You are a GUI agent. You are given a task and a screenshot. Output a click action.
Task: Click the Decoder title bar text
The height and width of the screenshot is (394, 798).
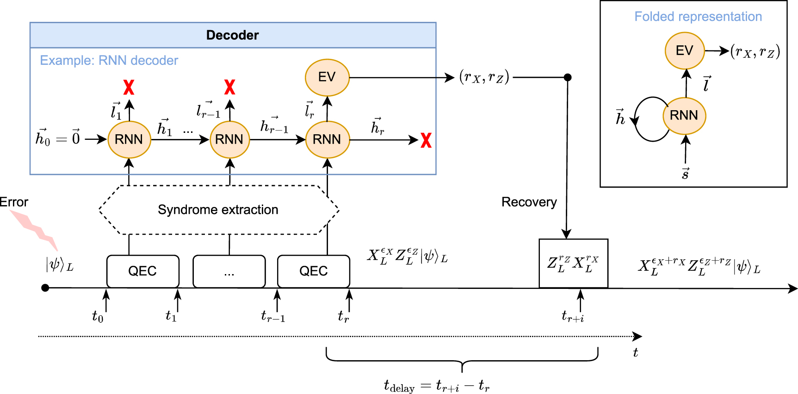[232, 35]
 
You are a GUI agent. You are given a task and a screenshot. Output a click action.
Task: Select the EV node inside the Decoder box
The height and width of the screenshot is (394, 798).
[327, 77]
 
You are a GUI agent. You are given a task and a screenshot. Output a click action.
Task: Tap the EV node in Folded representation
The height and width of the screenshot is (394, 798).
[685, 50]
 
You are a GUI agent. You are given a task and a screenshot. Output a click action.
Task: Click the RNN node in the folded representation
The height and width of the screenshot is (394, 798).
[684, 115]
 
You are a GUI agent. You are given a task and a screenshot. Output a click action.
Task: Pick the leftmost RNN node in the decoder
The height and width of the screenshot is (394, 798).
[129, 139]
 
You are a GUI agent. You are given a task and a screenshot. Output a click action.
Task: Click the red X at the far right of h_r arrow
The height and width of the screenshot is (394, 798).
[426, 140]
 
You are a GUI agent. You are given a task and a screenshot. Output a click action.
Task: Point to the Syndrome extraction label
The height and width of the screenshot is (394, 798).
[218, 210]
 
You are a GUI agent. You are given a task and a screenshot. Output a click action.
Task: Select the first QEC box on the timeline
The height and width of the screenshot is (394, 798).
[142, 271]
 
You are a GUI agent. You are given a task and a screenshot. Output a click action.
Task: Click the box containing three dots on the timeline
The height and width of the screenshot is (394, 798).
[229, 271]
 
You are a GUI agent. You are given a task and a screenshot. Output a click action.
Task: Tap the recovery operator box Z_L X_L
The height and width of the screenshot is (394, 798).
[573, 263]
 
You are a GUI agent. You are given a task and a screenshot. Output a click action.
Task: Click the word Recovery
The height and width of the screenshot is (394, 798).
[529, 202]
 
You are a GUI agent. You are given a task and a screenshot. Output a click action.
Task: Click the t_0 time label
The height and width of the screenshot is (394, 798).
[98, 317]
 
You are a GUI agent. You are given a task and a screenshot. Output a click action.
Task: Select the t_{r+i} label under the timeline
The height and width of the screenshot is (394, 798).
[573, 317]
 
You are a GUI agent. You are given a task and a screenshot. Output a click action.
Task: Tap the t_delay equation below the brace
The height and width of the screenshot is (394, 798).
[436, 385]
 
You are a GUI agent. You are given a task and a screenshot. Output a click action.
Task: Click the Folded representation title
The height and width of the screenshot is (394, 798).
[698, 17]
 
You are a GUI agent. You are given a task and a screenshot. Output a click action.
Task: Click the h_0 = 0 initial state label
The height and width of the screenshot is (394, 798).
[58, 138]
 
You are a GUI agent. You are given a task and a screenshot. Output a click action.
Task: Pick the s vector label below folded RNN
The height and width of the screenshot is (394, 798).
[685, 174]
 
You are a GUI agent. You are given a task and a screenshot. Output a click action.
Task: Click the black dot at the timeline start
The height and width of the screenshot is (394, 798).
[45, 288]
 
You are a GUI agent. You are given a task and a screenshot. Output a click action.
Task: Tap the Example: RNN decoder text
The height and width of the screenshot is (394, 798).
[109, 61]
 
